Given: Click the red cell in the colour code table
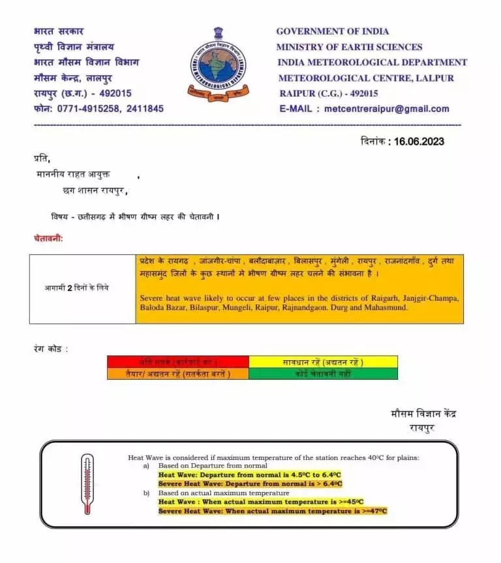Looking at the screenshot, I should [178, 361].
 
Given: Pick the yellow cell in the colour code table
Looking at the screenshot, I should [323, 361].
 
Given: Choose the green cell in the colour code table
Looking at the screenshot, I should [323, 374].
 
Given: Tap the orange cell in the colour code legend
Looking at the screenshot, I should [178, 374].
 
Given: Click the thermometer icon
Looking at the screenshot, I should [87, 484].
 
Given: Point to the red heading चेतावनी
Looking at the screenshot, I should [48, 239].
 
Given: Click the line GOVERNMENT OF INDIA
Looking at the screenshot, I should [332, 31].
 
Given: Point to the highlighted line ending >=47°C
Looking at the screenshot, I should [273, 511].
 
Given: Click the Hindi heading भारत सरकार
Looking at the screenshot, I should [58, 31].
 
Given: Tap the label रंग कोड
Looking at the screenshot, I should [50, 348].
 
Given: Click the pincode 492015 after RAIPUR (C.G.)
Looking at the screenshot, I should [360, 93].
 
